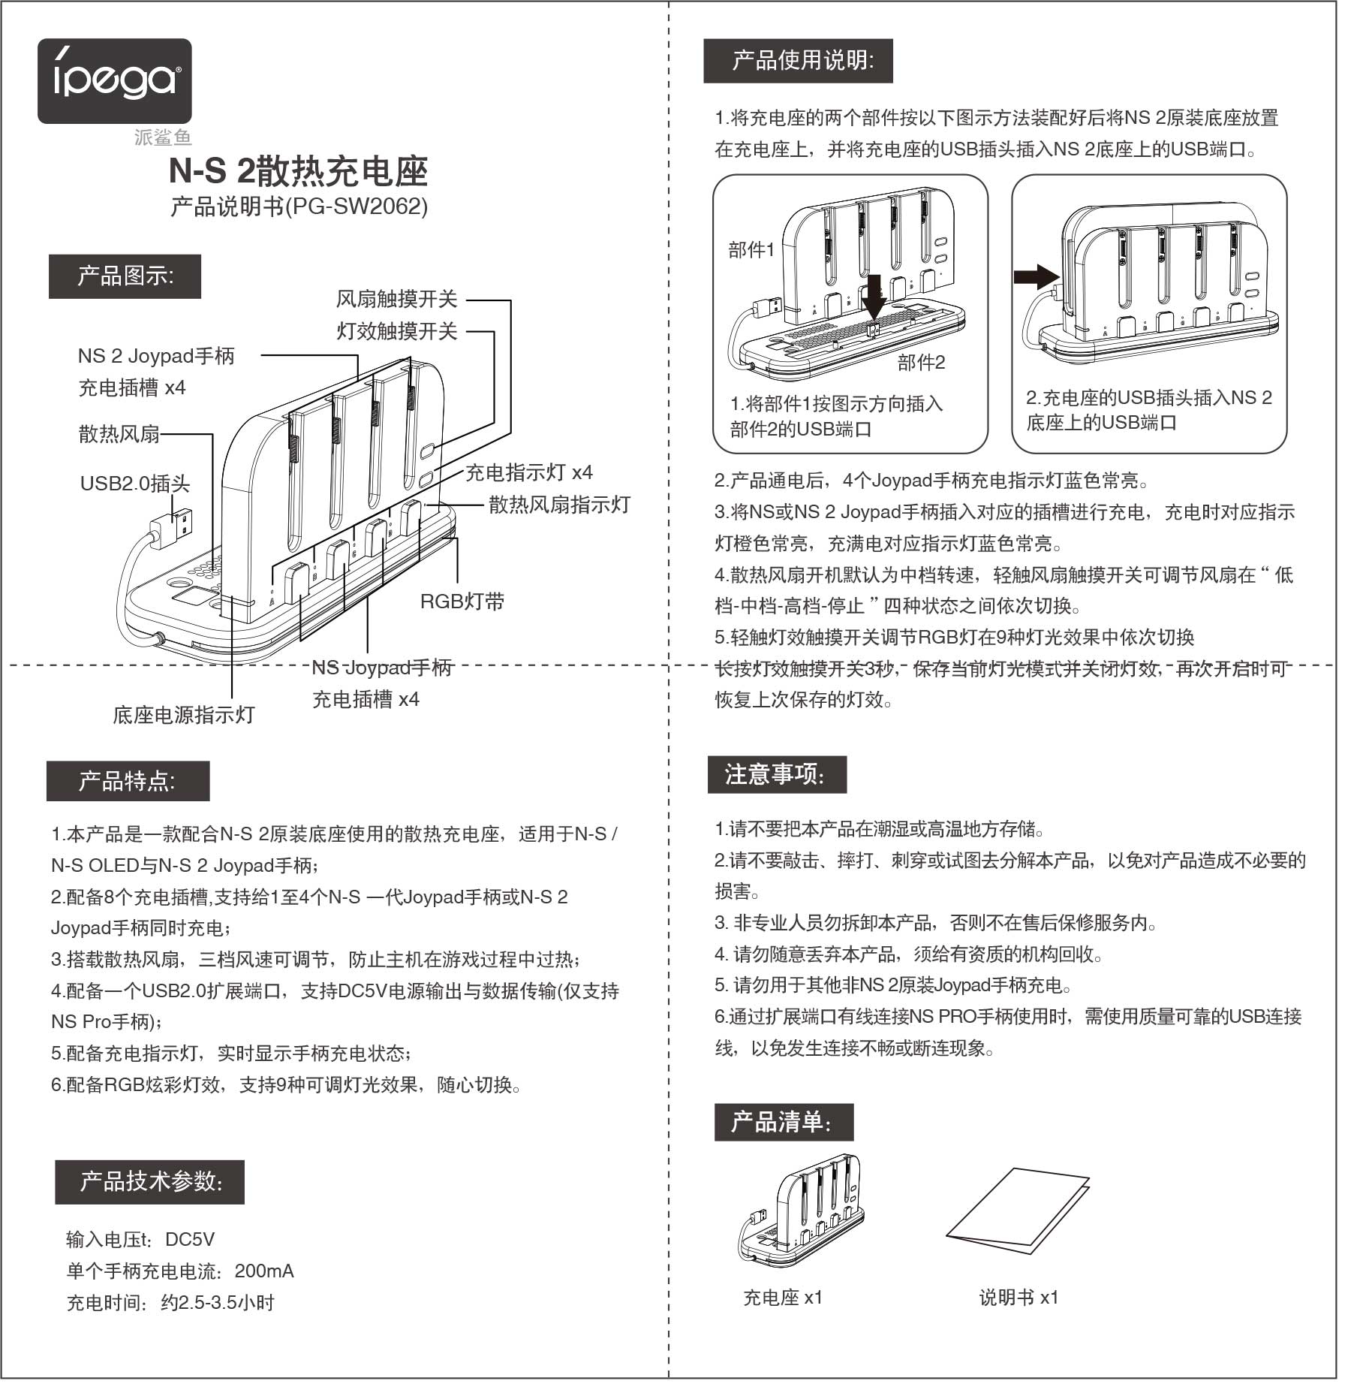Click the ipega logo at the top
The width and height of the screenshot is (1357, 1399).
click(114, 81)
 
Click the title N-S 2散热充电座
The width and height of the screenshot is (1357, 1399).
click(298, 172)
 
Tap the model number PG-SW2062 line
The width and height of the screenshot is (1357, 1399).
click(299, 207)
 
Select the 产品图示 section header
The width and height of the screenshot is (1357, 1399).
click(125, 276)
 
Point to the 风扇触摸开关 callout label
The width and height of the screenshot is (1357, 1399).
click(396, 300)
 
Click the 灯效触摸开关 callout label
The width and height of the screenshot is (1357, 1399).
click(396, 331)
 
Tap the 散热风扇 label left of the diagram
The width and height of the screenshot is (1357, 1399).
click(119, 434)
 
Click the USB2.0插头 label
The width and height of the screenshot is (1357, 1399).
click(135, 483)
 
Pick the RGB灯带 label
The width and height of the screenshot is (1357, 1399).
click(462, 602)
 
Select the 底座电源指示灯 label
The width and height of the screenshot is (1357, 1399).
click(184, 715)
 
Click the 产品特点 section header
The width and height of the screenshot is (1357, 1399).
click(128, 782)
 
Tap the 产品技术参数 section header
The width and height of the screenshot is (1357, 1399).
click(149, 1182)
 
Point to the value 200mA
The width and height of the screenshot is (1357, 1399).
click(264, 1271)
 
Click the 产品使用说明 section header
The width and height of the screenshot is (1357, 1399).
click(798, 61)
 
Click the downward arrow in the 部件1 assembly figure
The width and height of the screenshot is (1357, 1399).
click(874, 295)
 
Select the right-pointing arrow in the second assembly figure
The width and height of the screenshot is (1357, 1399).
click(1036, 276)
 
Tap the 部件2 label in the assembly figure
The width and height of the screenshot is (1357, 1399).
click(921, 363)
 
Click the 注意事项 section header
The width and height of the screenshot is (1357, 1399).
click(777, 775)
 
